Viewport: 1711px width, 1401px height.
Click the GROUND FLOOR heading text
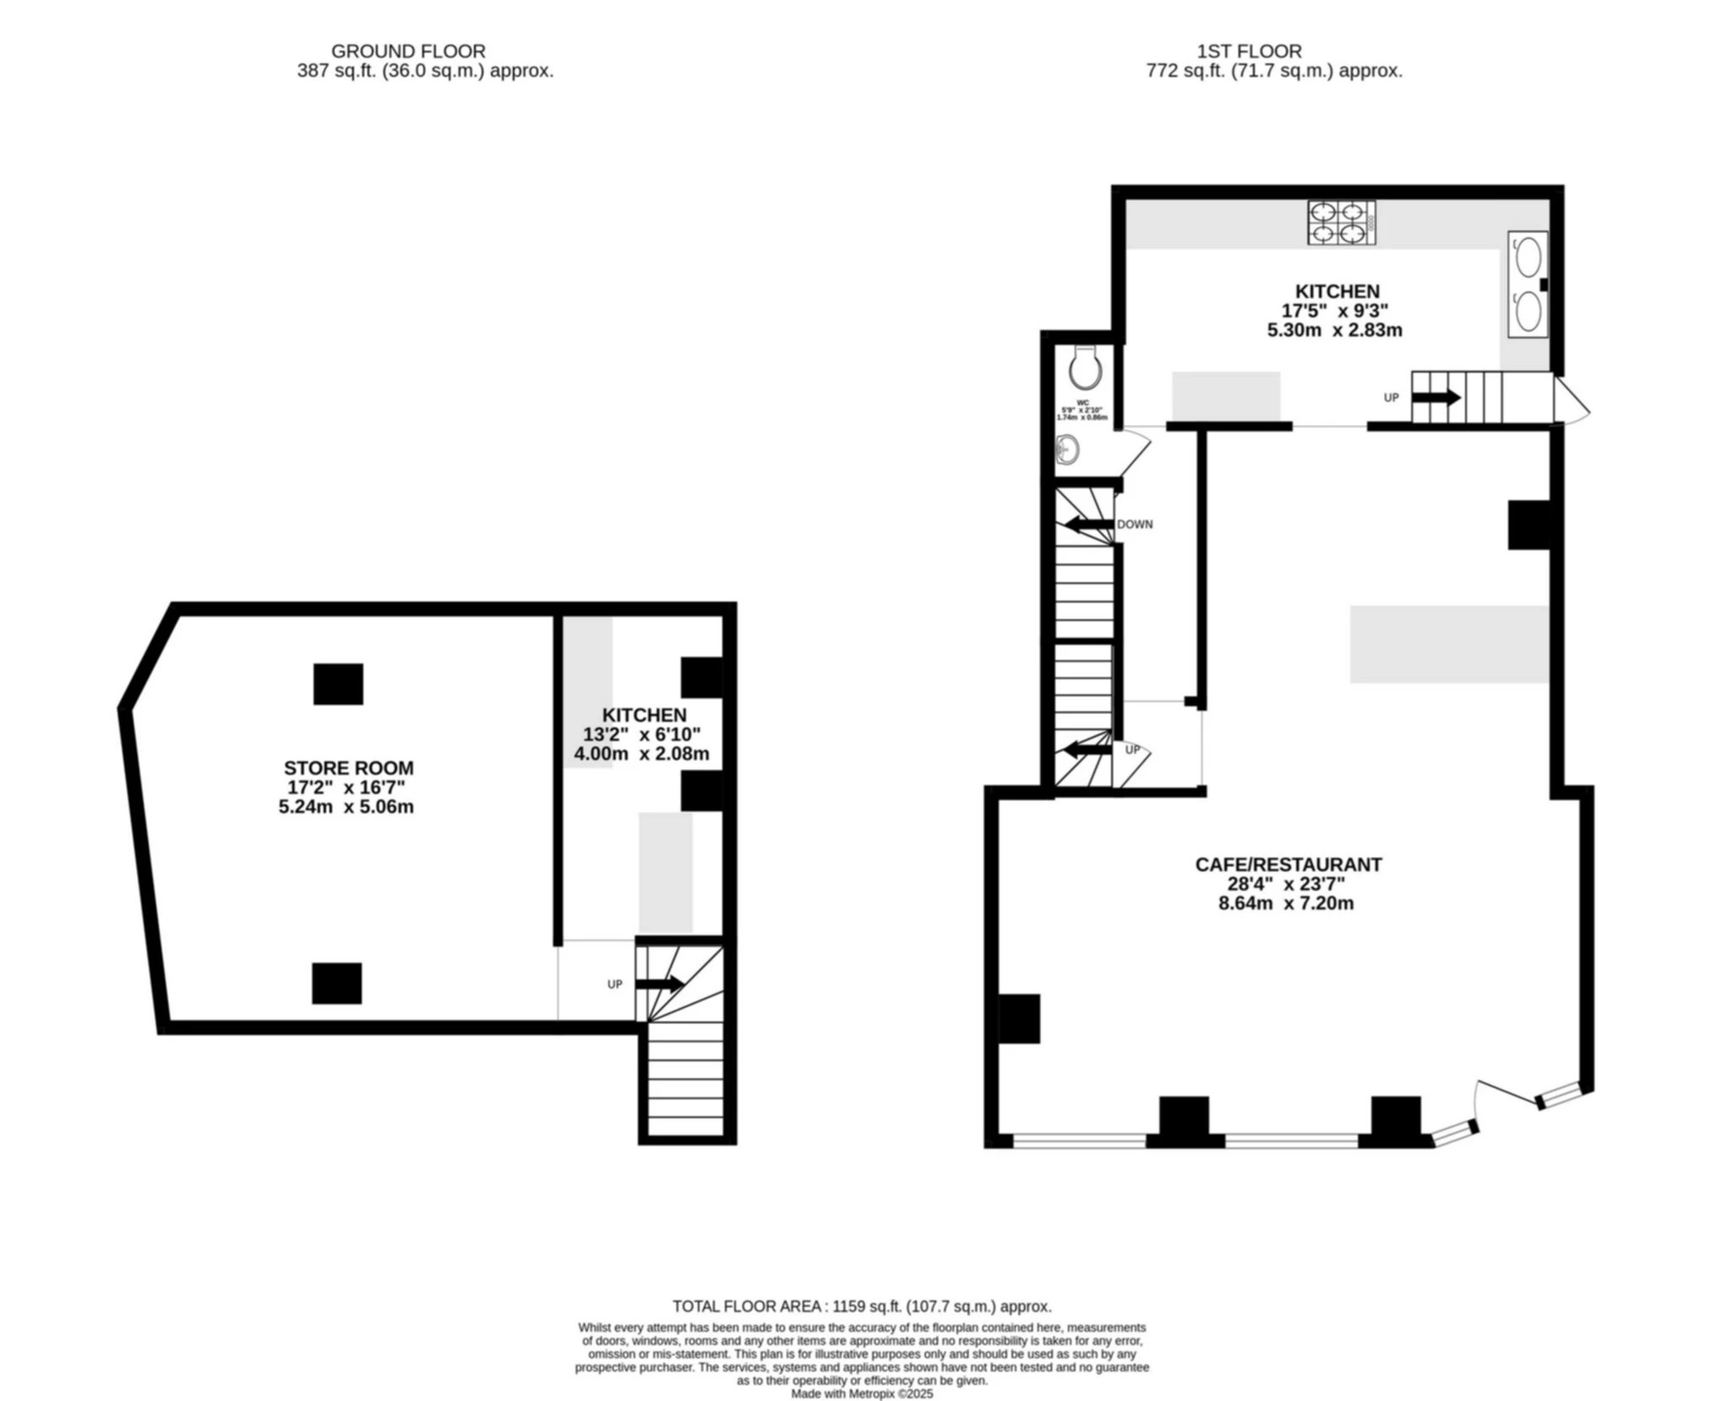tap(407, 52)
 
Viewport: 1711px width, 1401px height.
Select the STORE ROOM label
tap(348, 768)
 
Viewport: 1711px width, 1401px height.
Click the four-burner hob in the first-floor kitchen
tap(1340, 223)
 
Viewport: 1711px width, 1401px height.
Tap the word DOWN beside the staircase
tap(1134, 525)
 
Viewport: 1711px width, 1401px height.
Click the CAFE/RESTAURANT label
tap(1288, 864)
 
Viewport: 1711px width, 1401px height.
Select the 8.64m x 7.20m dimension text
tap(1285, 903)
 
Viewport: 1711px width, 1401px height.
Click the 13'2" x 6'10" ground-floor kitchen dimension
tap(642, 734)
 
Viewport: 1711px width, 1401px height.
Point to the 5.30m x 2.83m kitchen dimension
tap(1334, 330)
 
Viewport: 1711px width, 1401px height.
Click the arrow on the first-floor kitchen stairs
tap(1436, 397)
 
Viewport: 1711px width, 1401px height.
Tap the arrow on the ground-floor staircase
tap(659, 984)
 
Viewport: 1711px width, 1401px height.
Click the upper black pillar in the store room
tap(338, 684)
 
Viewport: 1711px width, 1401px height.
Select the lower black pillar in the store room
tap(336, 984)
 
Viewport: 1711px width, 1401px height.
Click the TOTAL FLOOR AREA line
tap(862, 1306)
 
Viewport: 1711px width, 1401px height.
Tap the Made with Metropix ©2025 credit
tap(862, 1394)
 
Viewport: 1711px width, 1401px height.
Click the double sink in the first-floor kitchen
tap(1527, 285)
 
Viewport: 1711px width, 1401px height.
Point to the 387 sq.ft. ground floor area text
tap(425, 72)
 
